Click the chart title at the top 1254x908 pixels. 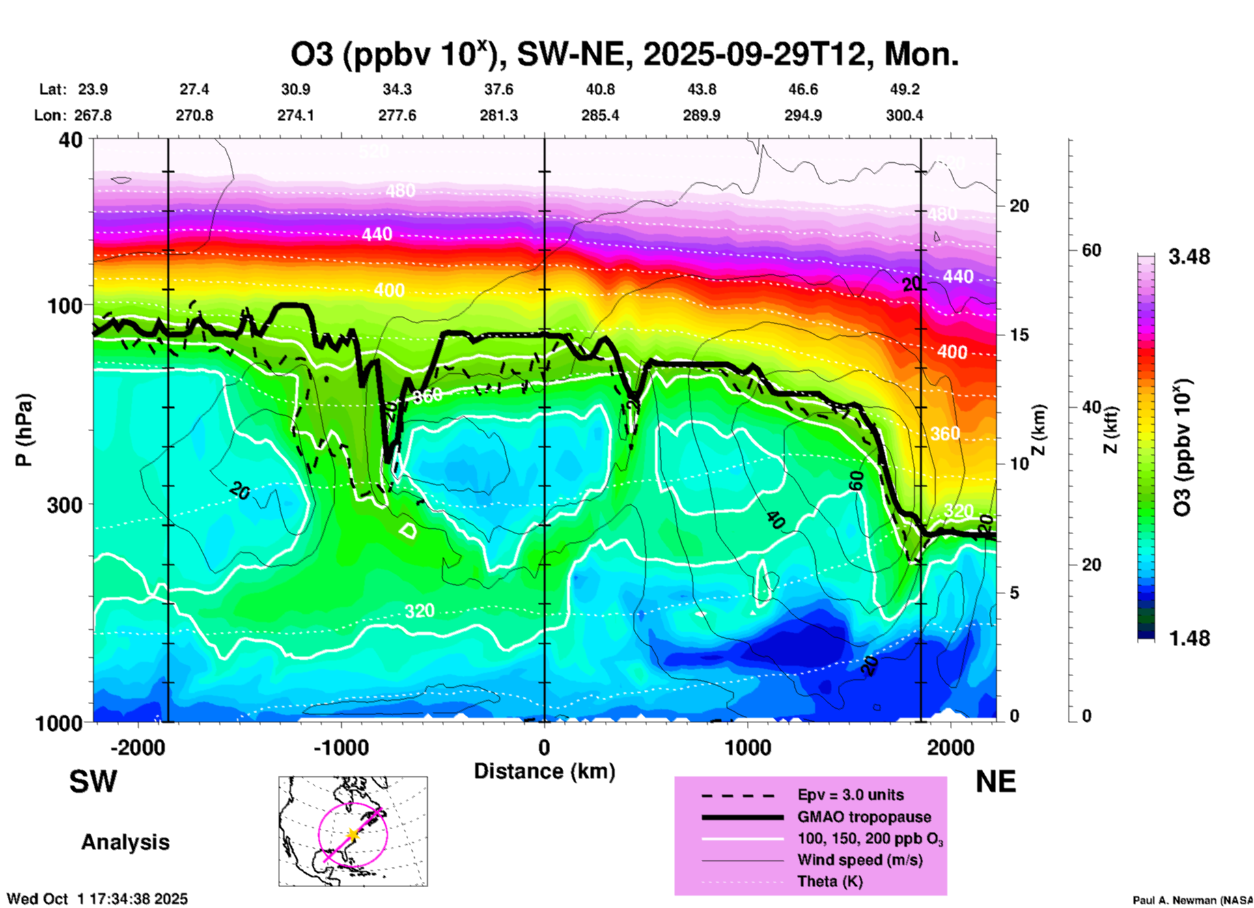(624, 55)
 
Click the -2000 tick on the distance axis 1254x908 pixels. (138, 747)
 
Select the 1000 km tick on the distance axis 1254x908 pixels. (747, 747)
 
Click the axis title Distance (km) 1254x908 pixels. (544, 771)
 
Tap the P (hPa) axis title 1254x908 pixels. (24, 430)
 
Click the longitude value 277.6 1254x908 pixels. (397, 115)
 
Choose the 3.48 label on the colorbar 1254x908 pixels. (1189, 257)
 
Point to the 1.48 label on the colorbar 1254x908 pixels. (1189, 638)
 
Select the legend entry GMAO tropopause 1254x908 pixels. (864, 817)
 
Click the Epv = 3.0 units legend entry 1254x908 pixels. (850, 795)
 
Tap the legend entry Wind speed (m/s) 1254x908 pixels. (859, 860)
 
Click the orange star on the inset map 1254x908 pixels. (352, 834)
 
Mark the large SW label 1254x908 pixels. (93, 782)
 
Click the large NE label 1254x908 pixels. (996, 782)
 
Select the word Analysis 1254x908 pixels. (125, 842)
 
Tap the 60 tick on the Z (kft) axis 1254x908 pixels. (1091, 251)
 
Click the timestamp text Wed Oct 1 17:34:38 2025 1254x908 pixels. (98, 899)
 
